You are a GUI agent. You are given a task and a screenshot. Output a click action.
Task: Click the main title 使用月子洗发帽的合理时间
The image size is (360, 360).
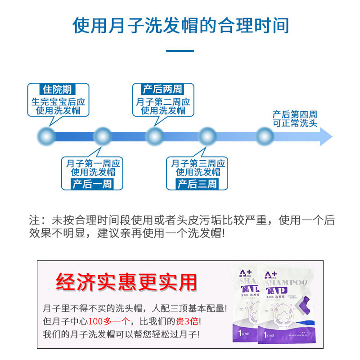click(180, 26)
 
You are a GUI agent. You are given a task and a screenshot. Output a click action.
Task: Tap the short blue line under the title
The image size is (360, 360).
click(180, 51)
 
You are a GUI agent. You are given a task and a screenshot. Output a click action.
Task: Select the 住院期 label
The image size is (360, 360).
click(57, 89)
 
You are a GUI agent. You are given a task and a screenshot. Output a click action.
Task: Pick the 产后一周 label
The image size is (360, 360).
click(91, 184)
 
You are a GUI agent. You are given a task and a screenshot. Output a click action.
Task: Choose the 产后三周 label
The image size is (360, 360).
click(197, 184)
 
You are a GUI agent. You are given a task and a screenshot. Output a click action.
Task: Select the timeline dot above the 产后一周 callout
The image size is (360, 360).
click(102, 136)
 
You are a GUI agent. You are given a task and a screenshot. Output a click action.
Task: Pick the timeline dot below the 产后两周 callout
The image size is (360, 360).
click(154, 136)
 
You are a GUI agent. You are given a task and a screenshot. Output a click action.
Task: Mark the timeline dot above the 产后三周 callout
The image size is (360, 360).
click(207, 136)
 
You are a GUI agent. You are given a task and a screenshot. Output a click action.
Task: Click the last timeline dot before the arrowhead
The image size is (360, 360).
click(265, 136)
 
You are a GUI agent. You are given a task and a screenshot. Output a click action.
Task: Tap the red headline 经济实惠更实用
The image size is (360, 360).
click(127, 282)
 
